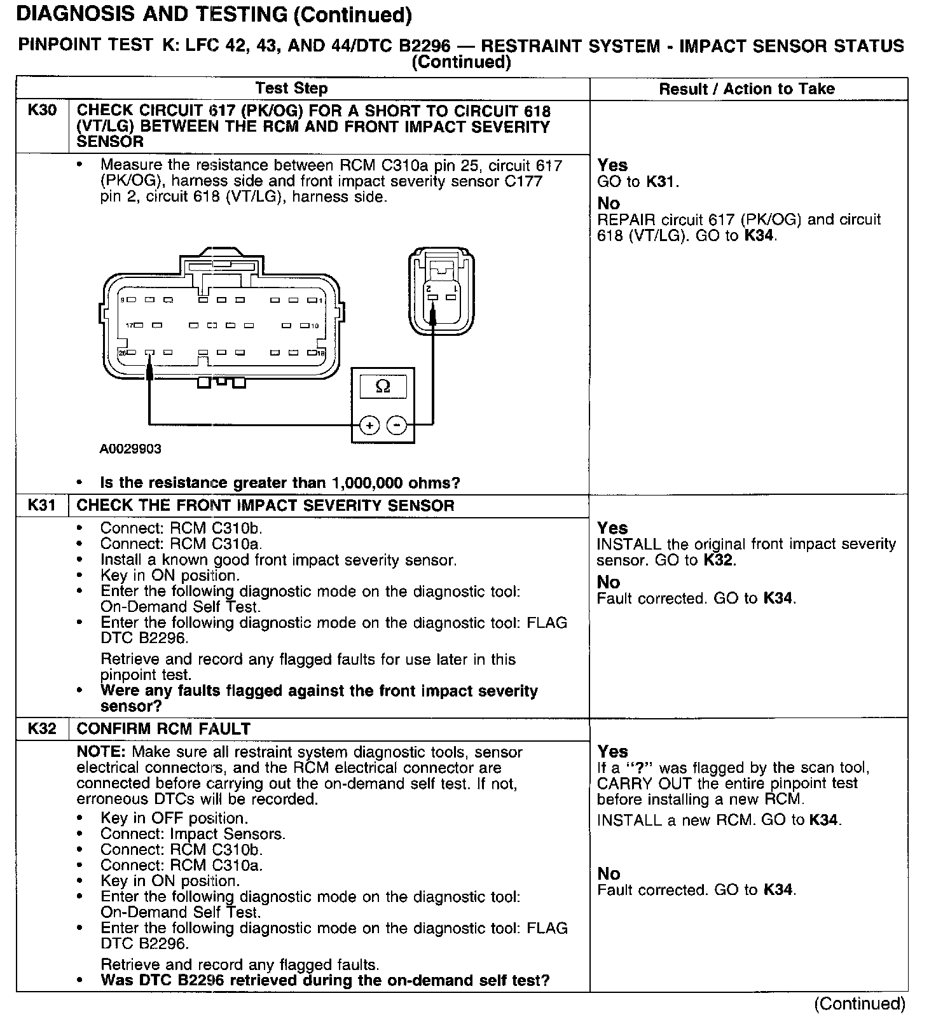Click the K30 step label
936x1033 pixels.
pyautogui.click(x=42, y=111)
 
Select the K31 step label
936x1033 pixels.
pyautogui.click(x=42, y=506)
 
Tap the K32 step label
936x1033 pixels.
pyautogui.click(x=42, y=729)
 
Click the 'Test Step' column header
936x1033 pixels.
pyautogui.click(x=291, y=88)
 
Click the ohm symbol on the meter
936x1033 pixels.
pyautogui.click(x=383, y=386)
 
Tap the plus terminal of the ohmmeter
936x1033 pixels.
pyautogui.click(x=369, y=424)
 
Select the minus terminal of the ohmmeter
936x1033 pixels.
pyautogui.click(x=397, y=424)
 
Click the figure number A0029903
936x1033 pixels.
pyautogui.click(x=130, y=449)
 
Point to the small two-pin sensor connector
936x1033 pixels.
pyautogui.click(x=441, y=293)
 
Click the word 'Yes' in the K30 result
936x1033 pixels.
pyautogui.click(x=612, y=165)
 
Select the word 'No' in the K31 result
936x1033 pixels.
pyautogui.click(x=609, y=582)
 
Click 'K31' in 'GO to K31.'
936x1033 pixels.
pyautogui.click(x=661, y=182)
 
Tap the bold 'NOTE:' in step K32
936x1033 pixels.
pyautogui.click(x=102, y=752)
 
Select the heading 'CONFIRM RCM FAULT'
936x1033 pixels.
pyautogui.click(x=163, y=729)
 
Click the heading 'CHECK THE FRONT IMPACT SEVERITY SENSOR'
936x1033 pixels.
pyautogui.click(x=265, y=506)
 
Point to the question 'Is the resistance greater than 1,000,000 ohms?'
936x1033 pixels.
pyautogui.click(x=280, y=483)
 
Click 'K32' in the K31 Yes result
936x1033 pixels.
pyautogui.click(x=719, y=560)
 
